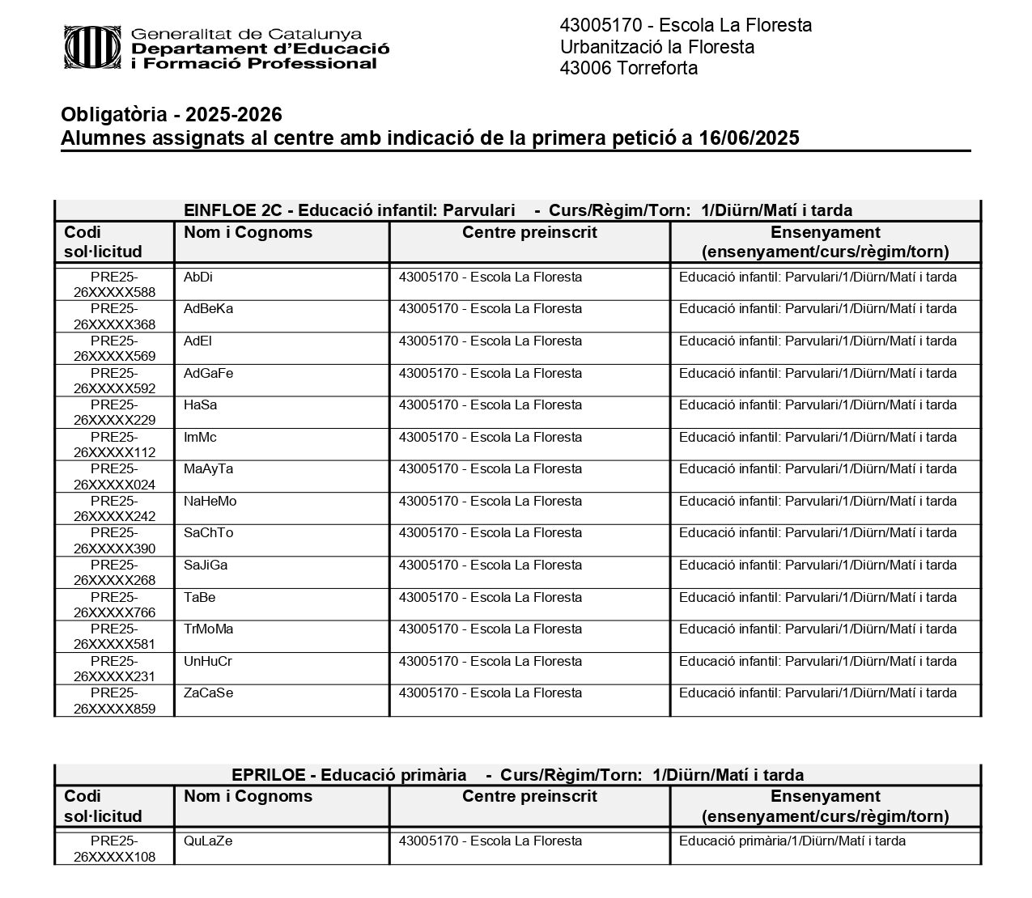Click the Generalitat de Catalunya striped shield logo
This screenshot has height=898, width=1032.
tap(91, 47)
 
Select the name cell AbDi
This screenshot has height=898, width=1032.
tap(198, 277)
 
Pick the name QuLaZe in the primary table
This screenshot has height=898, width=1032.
tap(208, 841)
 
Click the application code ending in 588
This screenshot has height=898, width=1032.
tap(114, 285)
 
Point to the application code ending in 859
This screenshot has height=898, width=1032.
tap(114, 701)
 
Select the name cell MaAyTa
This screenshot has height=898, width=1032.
tap(208, 469)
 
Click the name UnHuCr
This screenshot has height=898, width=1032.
tap(208, 662)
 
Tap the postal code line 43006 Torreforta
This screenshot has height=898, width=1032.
tap(628, 68)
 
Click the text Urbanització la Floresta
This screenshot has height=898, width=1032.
tap(656, 47)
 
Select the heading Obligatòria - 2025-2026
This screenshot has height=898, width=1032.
tap(172, 115)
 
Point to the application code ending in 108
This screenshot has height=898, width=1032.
tap(114, 849)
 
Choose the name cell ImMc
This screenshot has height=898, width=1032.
tap(200, 438)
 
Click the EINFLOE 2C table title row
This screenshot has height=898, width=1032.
tap(518, 210)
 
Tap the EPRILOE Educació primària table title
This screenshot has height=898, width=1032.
tap(518, 775)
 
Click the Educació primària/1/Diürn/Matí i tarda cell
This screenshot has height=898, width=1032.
tap(792, 841)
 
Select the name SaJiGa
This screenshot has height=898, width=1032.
tap(206, 565)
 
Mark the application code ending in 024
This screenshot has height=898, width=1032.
tap(114, 477)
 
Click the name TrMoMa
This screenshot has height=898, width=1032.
tap(208, 629)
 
